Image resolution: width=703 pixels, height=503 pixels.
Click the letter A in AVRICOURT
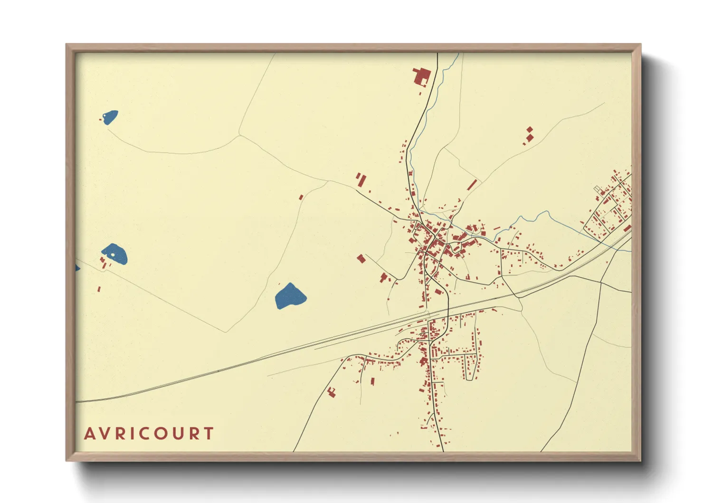pyautogui.click(x=89, y=434)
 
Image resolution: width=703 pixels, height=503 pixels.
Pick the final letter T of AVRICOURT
pyautogui.click(x=209, y=434)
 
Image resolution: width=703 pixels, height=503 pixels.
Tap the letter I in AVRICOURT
pyautogui.click(x=132, y=434)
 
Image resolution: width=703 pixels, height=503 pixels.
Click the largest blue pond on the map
pyautogui.click(x=290, y=296)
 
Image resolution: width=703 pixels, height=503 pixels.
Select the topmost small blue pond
pyautogui.click(x=111, y=117)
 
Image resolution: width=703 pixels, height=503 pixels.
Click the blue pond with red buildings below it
pyautogui.click(x=115, y=254)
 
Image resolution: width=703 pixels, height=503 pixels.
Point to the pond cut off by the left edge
pyautogui.click(x=77, y=269)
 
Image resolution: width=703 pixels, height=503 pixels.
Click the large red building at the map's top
pyautogui.click(x=422, y=77)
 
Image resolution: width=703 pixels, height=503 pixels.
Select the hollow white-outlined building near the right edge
pyautogui.click(x=597, y=189)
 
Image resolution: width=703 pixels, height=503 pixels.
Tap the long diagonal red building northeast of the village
pyautogui.click(x=472, y=184)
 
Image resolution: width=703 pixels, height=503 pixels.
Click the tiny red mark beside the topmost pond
pyautogui.click(x=101, y=119)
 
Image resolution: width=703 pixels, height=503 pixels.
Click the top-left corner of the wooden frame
pyautogui.click(x=66, y=45)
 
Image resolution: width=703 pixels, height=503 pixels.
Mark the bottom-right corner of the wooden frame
pyautogui.click(x=640, y=460)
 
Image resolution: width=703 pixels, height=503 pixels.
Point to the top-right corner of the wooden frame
pyautogui.click(x=640, y=45)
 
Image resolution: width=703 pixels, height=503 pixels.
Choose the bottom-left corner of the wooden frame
pyautogui.click(x=66, y=460)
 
